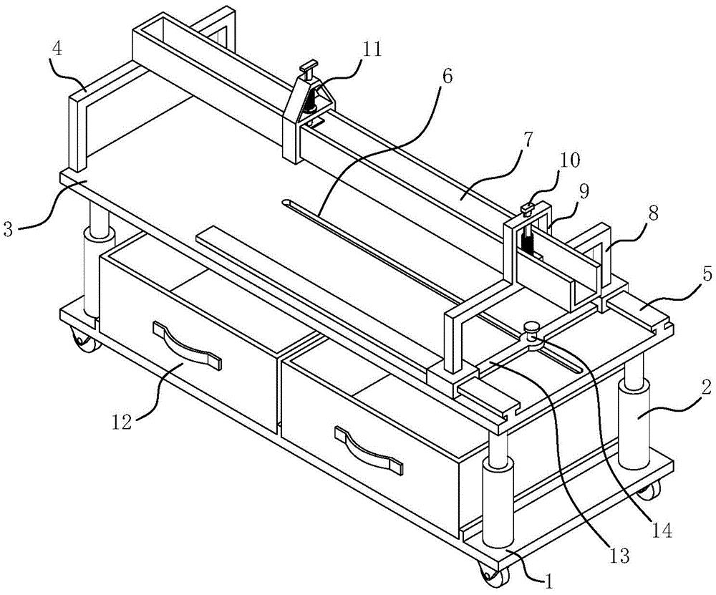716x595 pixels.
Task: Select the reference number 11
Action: pos(371,49)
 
